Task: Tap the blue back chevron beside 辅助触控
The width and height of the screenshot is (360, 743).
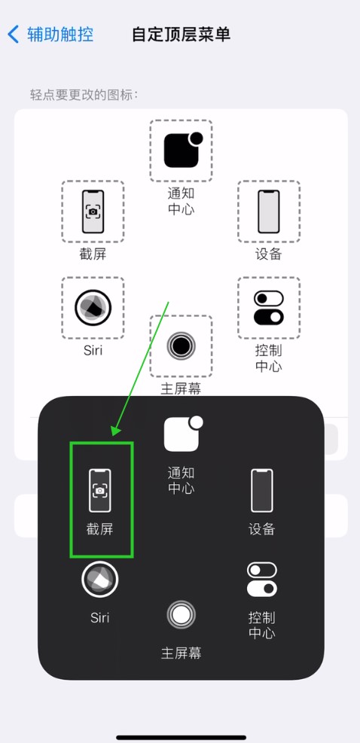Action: pyautogui.click(x=14, y=35)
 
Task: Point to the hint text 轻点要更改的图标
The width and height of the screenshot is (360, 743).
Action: pyautogui.click(x=84, y=95)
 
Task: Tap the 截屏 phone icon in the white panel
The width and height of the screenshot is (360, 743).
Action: pyautogui.click(x=93, y=212)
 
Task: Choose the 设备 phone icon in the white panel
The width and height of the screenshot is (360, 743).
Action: pyautogui.click(x=268, y=212)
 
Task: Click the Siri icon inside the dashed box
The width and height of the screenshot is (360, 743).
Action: pyautogui.click(x=93, y=308)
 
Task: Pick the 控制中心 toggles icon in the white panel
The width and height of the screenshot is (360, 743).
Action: pyautogui.click(x=268, y=308)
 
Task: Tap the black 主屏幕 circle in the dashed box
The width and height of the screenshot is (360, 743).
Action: pyautogui.click(x=181, y=346)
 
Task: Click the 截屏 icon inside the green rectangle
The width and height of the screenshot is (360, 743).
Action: pyautogui.click(x=100, y=490)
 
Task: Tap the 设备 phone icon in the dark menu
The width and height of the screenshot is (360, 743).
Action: pyautogui.click(x=262, y=490)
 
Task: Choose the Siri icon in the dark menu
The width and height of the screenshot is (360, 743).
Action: pyautogui.click(x=99, y=579)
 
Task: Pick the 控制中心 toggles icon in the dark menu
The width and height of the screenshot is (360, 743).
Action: pyautogui.click(x=262, y=579)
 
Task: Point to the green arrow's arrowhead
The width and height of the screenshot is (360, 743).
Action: pyautogui.click(x=116, y=431)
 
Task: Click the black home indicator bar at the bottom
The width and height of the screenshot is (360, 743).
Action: pyautogui.click(x=182, y=737)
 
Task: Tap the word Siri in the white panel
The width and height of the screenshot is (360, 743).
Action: pyautogui.click(x=93, y=351)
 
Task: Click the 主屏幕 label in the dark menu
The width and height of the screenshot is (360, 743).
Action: pyautogui.click(x=181, y=653)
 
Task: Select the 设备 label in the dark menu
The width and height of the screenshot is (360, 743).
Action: pyautogui.click(x=262, y=528)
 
